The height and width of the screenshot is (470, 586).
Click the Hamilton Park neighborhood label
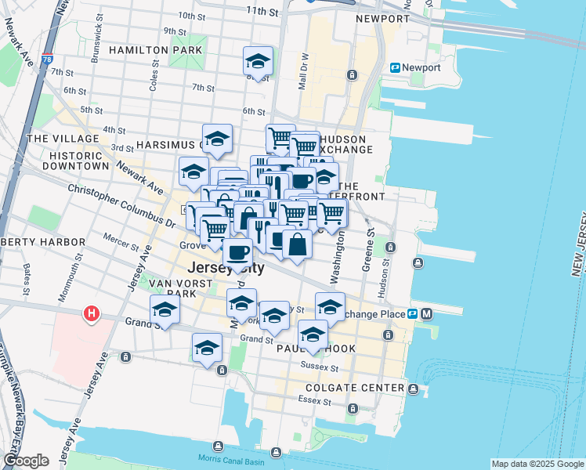(x=155, y=50)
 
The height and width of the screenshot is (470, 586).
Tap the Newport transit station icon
(x=396, y=68)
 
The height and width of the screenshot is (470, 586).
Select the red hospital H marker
(x=92, y=314)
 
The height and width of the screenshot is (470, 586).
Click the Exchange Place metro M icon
(x=427, y=314)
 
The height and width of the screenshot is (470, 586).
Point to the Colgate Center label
(x=355, y=388)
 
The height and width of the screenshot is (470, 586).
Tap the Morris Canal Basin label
(x=258, y=457)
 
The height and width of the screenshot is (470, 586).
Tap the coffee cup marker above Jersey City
(x=237, y=252)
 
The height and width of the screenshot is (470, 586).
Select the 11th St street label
(x=262, y=11)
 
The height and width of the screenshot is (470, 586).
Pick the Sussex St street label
(x=320, y=367)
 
